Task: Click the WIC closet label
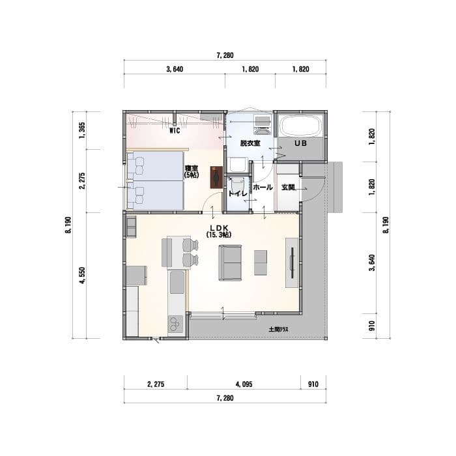[x=175, y=130]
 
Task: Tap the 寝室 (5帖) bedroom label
[x=192, y=171]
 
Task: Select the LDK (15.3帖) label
[x=219, y=231]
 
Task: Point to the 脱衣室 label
[x=250, y=143]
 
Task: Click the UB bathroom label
[x=301, y=143]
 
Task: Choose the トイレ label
[x=238, y=194]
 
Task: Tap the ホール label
[x=263, y=188]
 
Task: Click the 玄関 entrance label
[x=288, y=188]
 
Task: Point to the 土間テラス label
[x=279, y=330]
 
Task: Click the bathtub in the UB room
[x=301, y=126]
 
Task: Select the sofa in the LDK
[x=230, y=263]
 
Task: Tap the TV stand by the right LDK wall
[x=292, y=263]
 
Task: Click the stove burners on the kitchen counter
[x=175, y=324]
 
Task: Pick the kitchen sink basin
[x=177, y=282]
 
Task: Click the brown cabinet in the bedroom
[x=216, y=177]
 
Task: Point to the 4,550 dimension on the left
[x=83, y=276]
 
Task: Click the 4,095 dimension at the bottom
[x=244, y=384]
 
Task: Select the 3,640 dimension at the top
[x=175, y=69]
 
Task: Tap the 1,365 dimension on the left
[x=82, y=130]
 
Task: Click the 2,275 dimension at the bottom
[x=156, y=384]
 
